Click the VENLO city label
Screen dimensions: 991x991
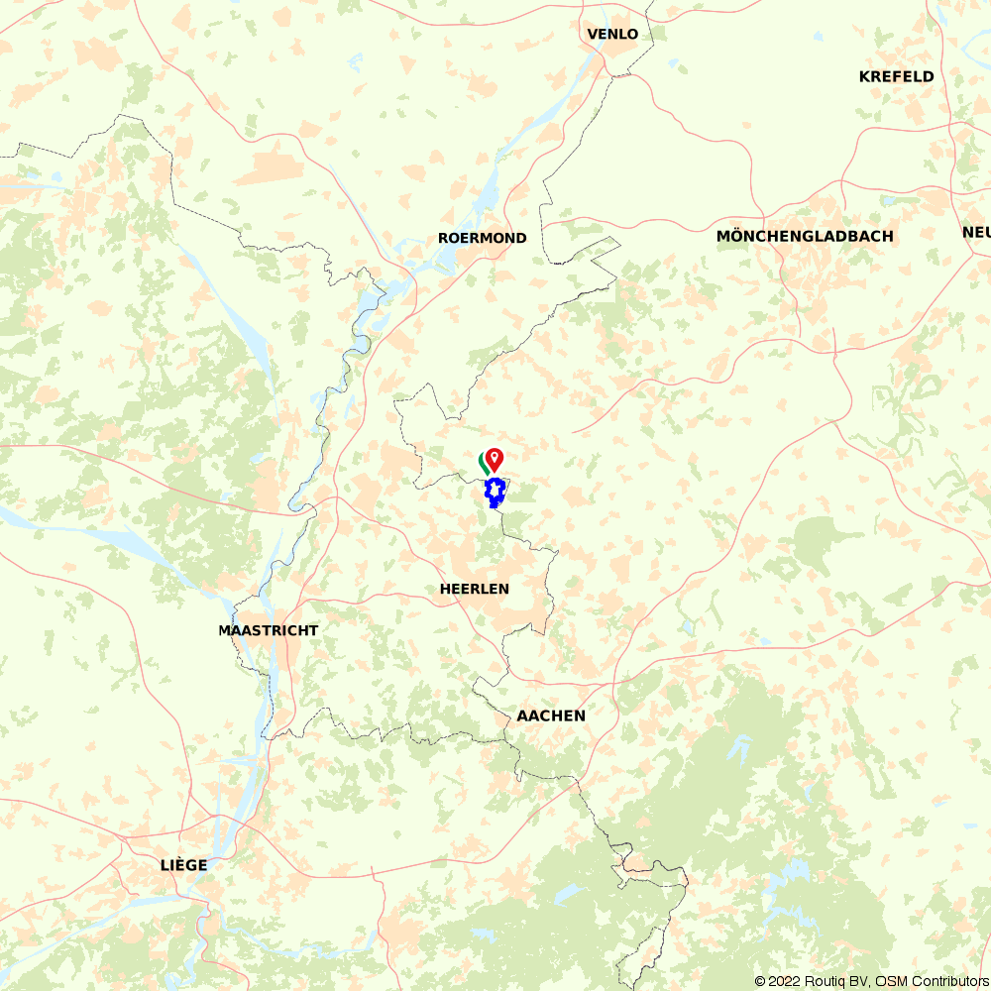(612, 35)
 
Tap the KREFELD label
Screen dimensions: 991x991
(896, 77)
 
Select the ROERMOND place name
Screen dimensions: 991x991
(483, 239)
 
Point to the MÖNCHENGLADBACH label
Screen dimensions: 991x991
(805, 237)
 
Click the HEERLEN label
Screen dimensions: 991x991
(474, 590)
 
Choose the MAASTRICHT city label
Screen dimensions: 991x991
(269, 631)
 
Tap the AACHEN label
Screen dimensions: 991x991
(551, 716)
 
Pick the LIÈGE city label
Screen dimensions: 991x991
(184, 865)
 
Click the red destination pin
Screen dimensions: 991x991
(494, 460)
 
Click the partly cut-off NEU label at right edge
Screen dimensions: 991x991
(975, 233)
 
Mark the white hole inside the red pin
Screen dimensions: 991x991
(494, 457)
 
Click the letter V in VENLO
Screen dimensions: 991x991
(593, 35)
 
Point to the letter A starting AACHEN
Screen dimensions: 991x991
(522, 716)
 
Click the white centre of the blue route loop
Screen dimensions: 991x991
(494, 491)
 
